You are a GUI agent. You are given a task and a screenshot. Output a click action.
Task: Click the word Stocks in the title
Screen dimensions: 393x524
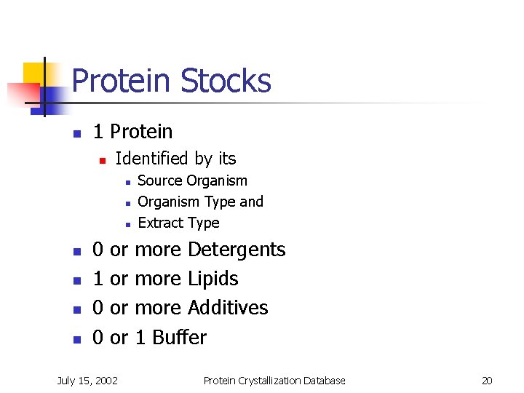[226, 81]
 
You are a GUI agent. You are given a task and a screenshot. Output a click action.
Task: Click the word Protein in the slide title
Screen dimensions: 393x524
[123, 81]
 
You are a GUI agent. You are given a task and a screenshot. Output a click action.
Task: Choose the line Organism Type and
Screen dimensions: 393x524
[200, 202]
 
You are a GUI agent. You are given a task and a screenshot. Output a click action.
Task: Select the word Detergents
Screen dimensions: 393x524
[237, 250]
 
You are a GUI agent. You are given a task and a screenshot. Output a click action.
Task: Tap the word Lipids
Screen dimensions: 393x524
[213, 279]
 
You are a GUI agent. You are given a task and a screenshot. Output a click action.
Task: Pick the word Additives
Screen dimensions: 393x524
[228, 308]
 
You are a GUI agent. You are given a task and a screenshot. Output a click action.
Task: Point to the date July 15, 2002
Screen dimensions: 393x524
[88, 381]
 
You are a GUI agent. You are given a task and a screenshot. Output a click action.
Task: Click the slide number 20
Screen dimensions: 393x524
[487, 381]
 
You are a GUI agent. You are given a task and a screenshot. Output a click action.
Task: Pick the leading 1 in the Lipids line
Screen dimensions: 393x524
[98, 279]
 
